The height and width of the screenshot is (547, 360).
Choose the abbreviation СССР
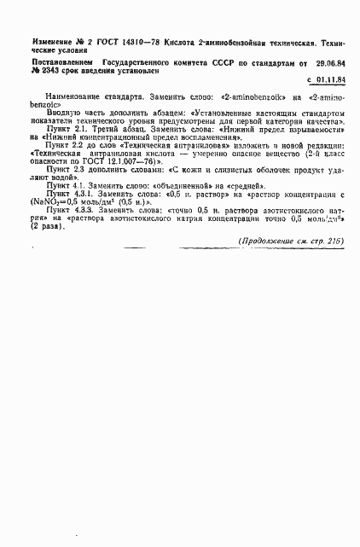pos(226,63)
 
